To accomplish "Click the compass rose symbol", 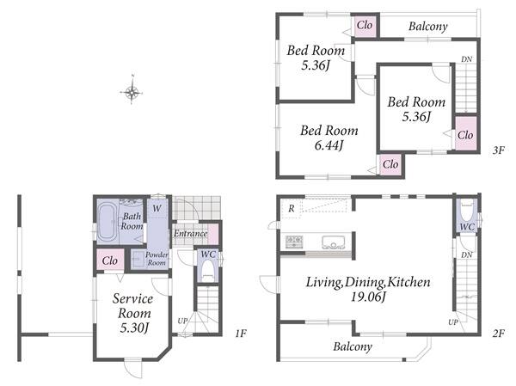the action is [132, 92].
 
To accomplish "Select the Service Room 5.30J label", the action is [133, 313].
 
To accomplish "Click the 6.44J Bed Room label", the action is [329, 138].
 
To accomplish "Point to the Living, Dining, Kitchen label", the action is [368, 289].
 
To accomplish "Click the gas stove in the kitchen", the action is [294, 242].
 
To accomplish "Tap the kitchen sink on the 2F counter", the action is [334, 242].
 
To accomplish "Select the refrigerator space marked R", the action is [292, 208].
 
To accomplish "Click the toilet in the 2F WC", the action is [467, 210].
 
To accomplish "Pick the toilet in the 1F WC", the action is [207, 271].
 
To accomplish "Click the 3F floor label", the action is [499, 150].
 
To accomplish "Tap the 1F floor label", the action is [241, 334].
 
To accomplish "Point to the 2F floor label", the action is [499, 334].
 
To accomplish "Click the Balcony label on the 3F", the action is [428, 27].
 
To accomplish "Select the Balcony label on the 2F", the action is [353, 346].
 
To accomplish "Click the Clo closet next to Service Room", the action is [110, 260].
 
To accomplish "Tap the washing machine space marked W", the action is [157, 208].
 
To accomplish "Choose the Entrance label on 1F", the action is [191, 233].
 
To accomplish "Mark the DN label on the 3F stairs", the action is [467, 59].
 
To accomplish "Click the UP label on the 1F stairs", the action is [182, 321].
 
